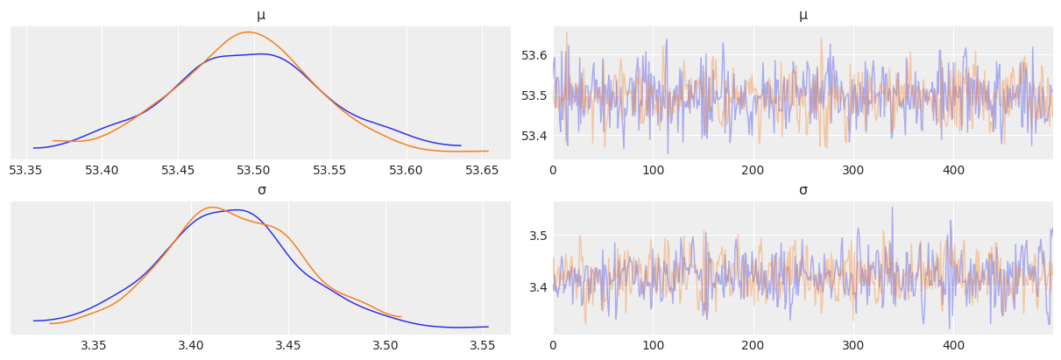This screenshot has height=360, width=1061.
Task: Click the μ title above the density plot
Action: (x=261, y=15)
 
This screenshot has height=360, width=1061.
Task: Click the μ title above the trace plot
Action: (x=803, y=15)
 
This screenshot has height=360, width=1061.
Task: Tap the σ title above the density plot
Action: (x=261, y=190)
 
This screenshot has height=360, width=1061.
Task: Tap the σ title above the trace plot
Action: (x=803, y=190)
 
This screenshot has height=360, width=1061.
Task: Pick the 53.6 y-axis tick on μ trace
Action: (x=534, y=55)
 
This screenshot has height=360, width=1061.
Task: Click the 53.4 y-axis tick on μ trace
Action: (x=534, y=136)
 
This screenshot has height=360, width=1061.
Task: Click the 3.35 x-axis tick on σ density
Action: (x=94, y=344)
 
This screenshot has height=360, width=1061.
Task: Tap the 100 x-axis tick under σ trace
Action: (x=653, y=344)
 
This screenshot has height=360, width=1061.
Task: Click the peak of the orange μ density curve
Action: (x=248, y=32)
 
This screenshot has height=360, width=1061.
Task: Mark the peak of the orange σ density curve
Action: (x=211, y=208)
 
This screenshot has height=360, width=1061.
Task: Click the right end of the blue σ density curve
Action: (x=488, y=327)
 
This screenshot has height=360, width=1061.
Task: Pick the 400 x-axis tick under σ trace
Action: (x=953, y=344)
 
